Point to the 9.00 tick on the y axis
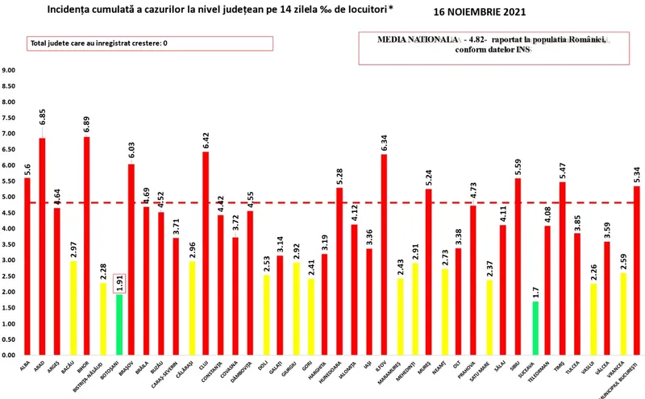9,70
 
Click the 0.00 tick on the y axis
9,355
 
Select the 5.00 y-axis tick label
9,197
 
